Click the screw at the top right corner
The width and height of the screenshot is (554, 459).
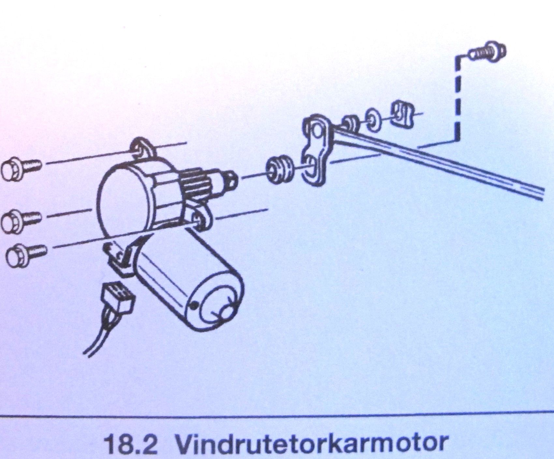click(488, 52)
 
